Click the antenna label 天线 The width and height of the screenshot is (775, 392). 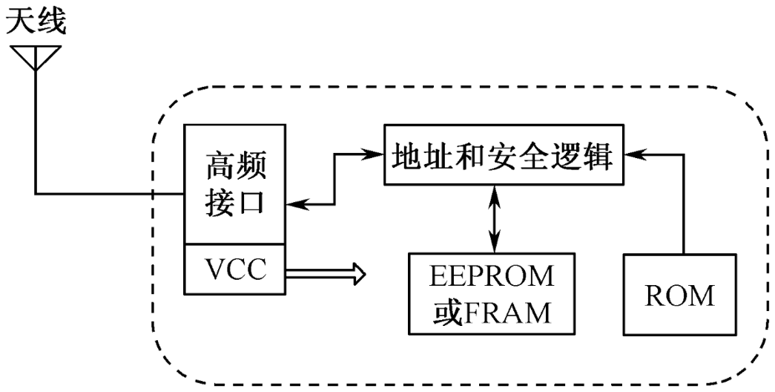pyautogui.click(x=36, y=22)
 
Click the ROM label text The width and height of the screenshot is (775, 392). pyautogui.click(x=680, y=295)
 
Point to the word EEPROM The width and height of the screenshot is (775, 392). pyautogui.click(x=492, y=277)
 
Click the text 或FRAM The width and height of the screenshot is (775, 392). pyautogui.click(x=492, y=312)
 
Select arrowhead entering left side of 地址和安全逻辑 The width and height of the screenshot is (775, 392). pyautogui.click(x=371, y=155)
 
